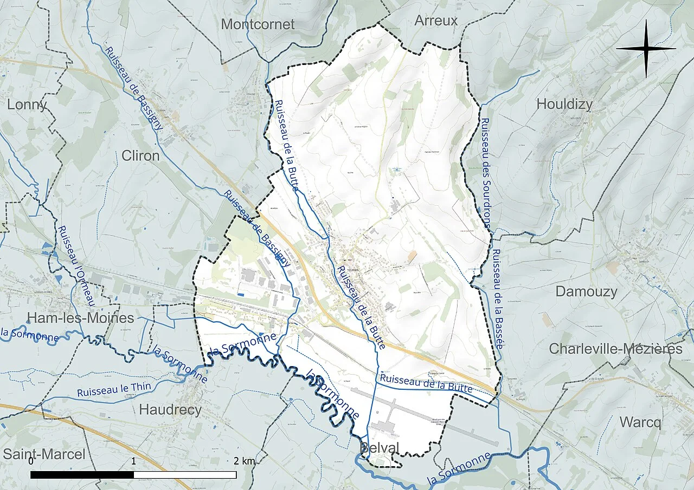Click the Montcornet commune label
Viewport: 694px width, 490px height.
tap(258, 24)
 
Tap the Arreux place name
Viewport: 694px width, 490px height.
tap(436, 21)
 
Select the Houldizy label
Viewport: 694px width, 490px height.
tap(564, 104)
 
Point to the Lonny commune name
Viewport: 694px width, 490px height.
tap(27, 104)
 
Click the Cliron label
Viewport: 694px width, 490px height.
tap(140, 156)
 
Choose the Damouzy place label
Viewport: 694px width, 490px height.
tap(586, 292)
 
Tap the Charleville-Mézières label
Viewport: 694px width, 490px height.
tap(615, 349)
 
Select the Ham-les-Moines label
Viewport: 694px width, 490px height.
tap(81, 318)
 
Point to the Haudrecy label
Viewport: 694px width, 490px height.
tap(170, 410)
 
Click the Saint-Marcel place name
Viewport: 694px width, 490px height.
tap(44, 454)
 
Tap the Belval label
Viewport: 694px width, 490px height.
tap(380, 448)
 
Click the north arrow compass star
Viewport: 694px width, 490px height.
tap(646, 49)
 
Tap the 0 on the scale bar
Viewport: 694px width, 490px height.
tap(31, 462)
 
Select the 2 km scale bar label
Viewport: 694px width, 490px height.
tap(245, 462)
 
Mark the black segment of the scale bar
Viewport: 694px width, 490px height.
tap(82, 475)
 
